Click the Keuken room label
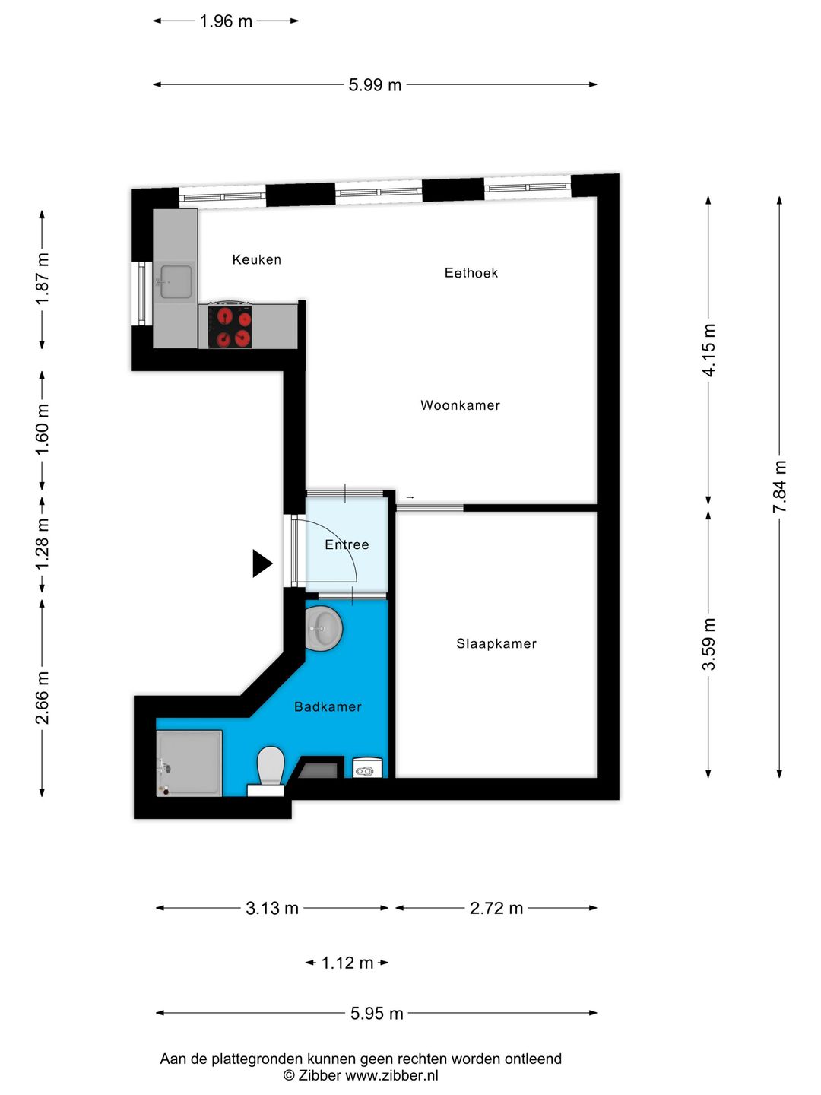pyautogui.click(x=257, y=259)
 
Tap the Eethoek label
pyautogui.click(x=471, y=273)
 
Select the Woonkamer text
pyautogui.click(x=460, y=405)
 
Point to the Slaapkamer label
pyautogui.click(x=496, y=643)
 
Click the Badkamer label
pyautogui.click(x=328, y=706)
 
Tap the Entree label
pyautogui.click(x=347, y=544)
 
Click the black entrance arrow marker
pyautogui.click(x=262, y=563)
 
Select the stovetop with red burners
pyautogui.click(x=230, y=327)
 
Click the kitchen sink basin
pyautogui.click(x=175, y=282)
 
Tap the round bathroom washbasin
pyautogui.click(x=324, y=629)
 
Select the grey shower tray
pyautogui.click(x=189, y=763)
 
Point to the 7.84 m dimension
pyautogui.click(x=779, y=487)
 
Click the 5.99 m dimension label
pyautogui.click(x=375, y=85)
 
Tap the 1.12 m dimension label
pyautogui.click(x=347, y=962)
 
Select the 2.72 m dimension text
pyautogui.click(x=496, y=908)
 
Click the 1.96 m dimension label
pyautogui.click(x=226, y=21)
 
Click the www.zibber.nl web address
pyautogui.click(x=391, y=1076)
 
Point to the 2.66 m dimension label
pyautogui.click(x=43, y=697)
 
